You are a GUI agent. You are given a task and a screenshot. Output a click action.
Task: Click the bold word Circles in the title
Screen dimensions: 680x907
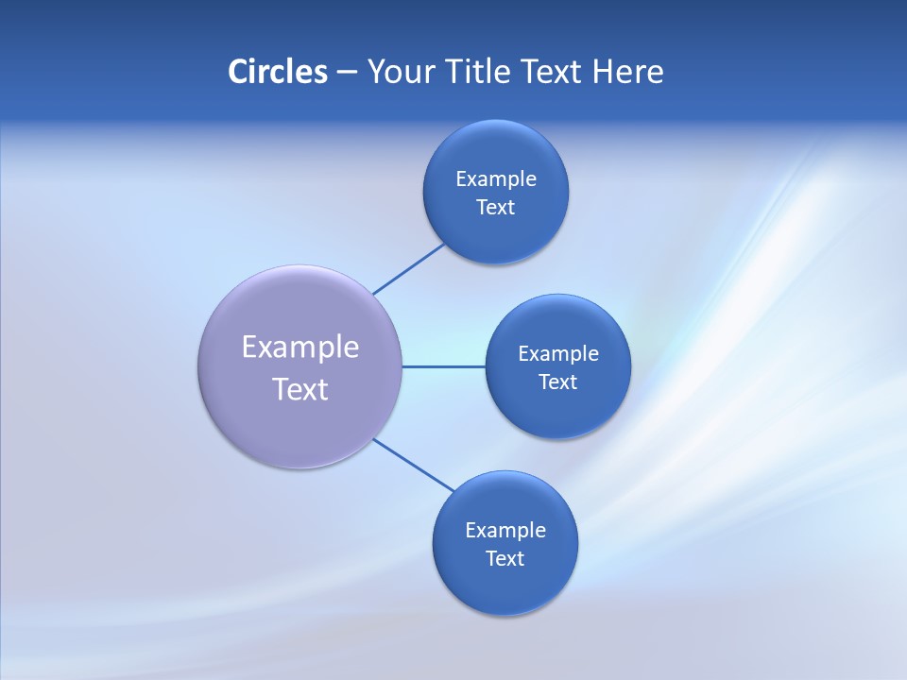277,72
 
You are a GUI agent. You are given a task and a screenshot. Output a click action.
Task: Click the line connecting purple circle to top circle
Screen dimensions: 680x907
408,269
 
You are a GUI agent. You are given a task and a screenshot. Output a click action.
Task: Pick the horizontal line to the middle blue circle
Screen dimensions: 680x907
443,366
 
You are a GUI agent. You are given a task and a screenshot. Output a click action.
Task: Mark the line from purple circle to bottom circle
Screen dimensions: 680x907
413,465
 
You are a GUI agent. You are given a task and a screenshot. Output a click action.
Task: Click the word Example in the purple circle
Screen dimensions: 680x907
300,347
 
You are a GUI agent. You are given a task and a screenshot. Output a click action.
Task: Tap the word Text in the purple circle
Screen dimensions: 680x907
300,389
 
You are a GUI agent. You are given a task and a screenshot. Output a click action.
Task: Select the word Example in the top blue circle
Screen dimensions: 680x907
496,178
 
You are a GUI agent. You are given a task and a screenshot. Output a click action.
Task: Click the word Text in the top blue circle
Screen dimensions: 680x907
496,207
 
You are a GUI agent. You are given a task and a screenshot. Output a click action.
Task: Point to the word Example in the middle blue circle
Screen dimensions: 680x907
558,353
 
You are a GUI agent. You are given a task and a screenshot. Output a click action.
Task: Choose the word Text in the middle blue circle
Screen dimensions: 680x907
558,382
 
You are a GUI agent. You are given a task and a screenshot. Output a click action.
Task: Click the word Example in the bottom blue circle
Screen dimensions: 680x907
505,530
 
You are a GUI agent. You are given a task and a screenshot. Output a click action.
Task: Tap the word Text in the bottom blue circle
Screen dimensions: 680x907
505,558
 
